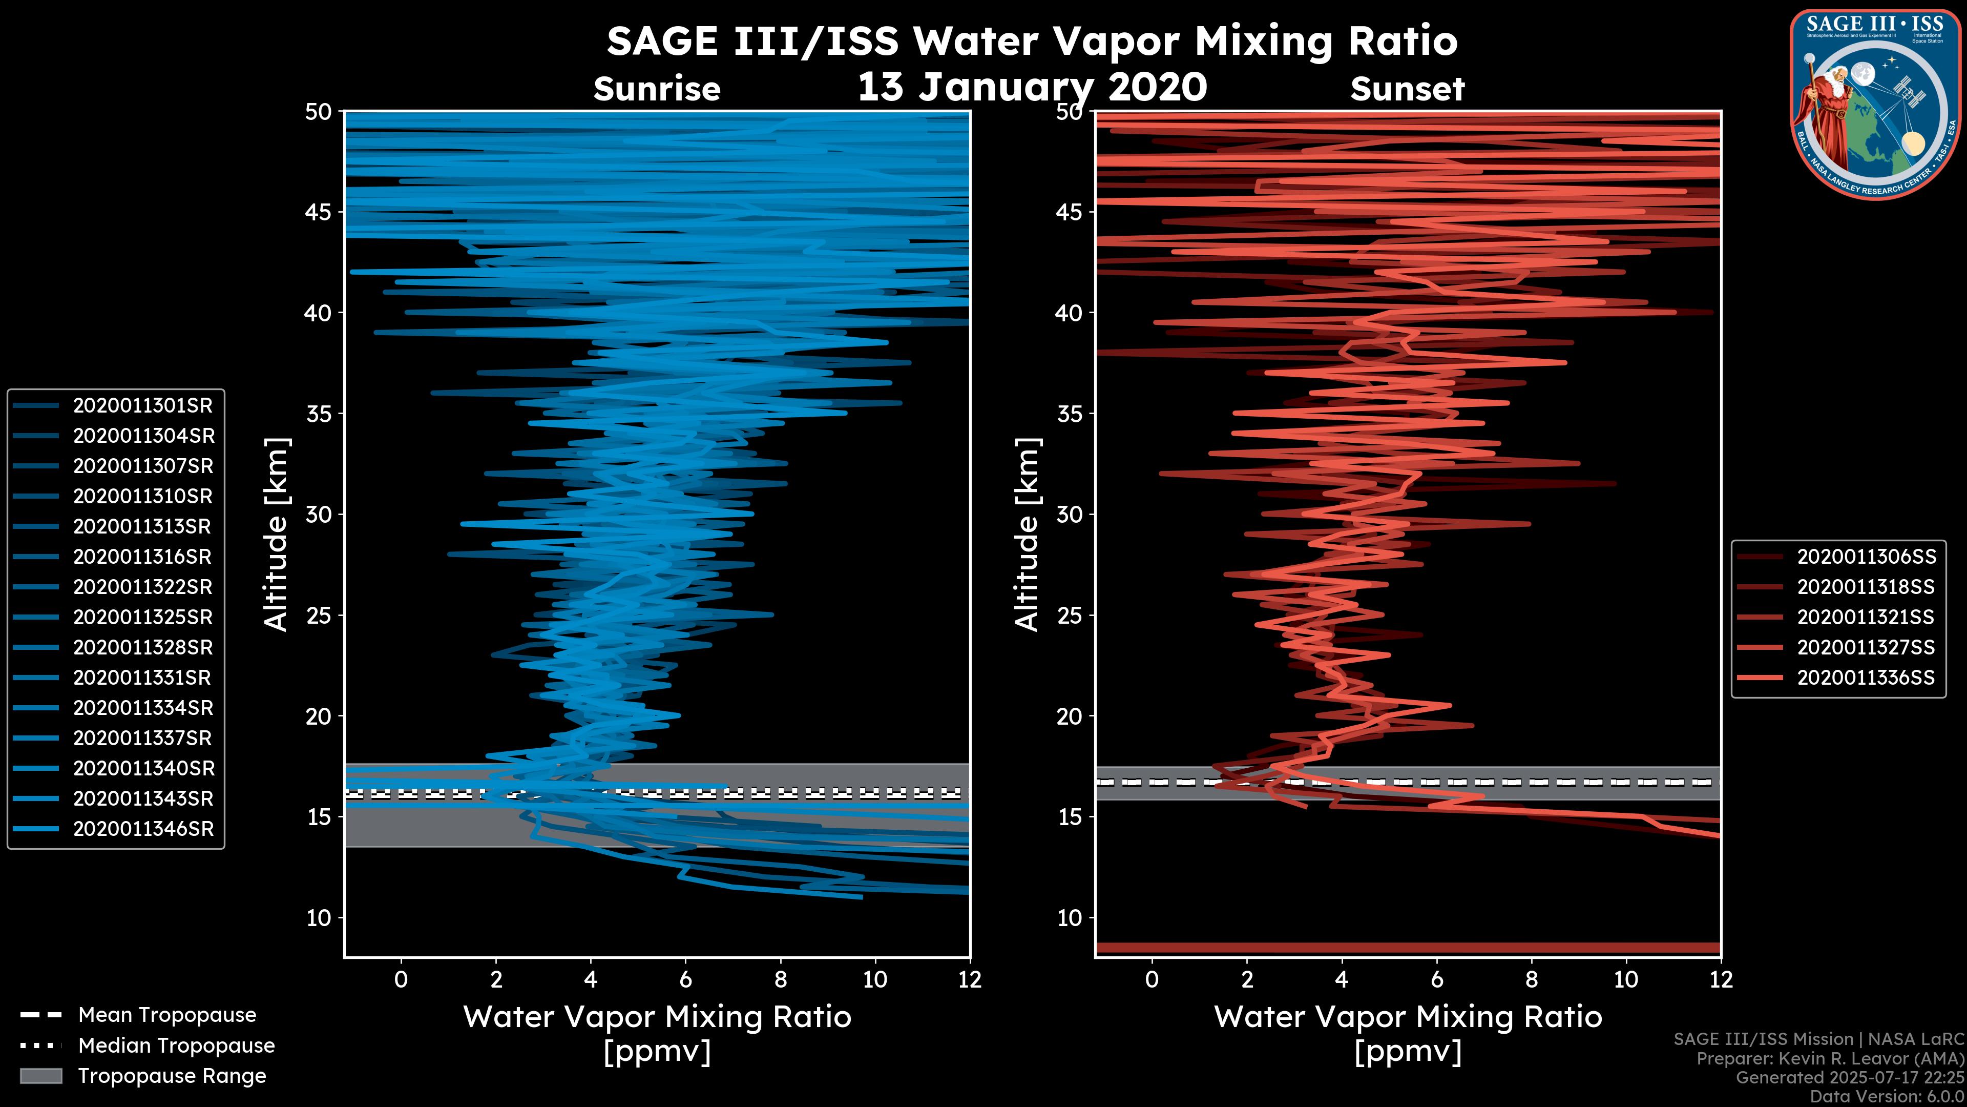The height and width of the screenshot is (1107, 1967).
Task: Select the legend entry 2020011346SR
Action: (143, 829)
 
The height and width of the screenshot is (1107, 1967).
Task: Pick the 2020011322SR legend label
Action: (143, 587)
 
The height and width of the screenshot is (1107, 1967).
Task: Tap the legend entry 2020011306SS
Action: (1866, 557)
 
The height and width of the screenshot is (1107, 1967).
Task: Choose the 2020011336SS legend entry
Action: (1866, 678)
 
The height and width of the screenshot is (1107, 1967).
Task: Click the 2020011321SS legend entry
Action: (1866, 617)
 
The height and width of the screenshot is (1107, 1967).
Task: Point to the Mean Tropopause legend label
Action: (166, 1015)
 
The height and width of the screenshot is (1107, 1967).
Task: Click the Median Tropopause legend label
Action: (176, 1046)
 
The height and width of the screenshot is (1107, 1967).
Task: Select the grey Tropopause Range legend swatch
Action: (40, 1076)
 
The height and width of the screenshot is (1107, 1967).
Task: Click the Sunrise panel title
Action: (657, 89)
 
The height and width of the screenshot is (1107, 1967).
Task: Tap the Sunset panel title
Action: (1407, 89)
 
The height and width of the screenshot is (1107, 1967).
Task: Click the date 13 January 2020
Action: (1032, 87)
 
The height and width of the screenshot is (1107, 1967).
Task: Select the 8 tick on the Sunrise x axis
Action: (780, 979)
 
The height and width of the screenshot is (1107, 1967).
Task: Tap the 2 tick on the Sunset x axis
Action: (1247, 979)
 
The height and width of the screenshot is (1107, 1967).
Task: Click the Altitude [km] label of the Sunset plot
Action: (1027, 535)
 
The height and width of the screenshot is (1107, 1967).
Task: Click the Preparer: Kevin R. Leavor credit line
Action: (1830, 1059)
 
